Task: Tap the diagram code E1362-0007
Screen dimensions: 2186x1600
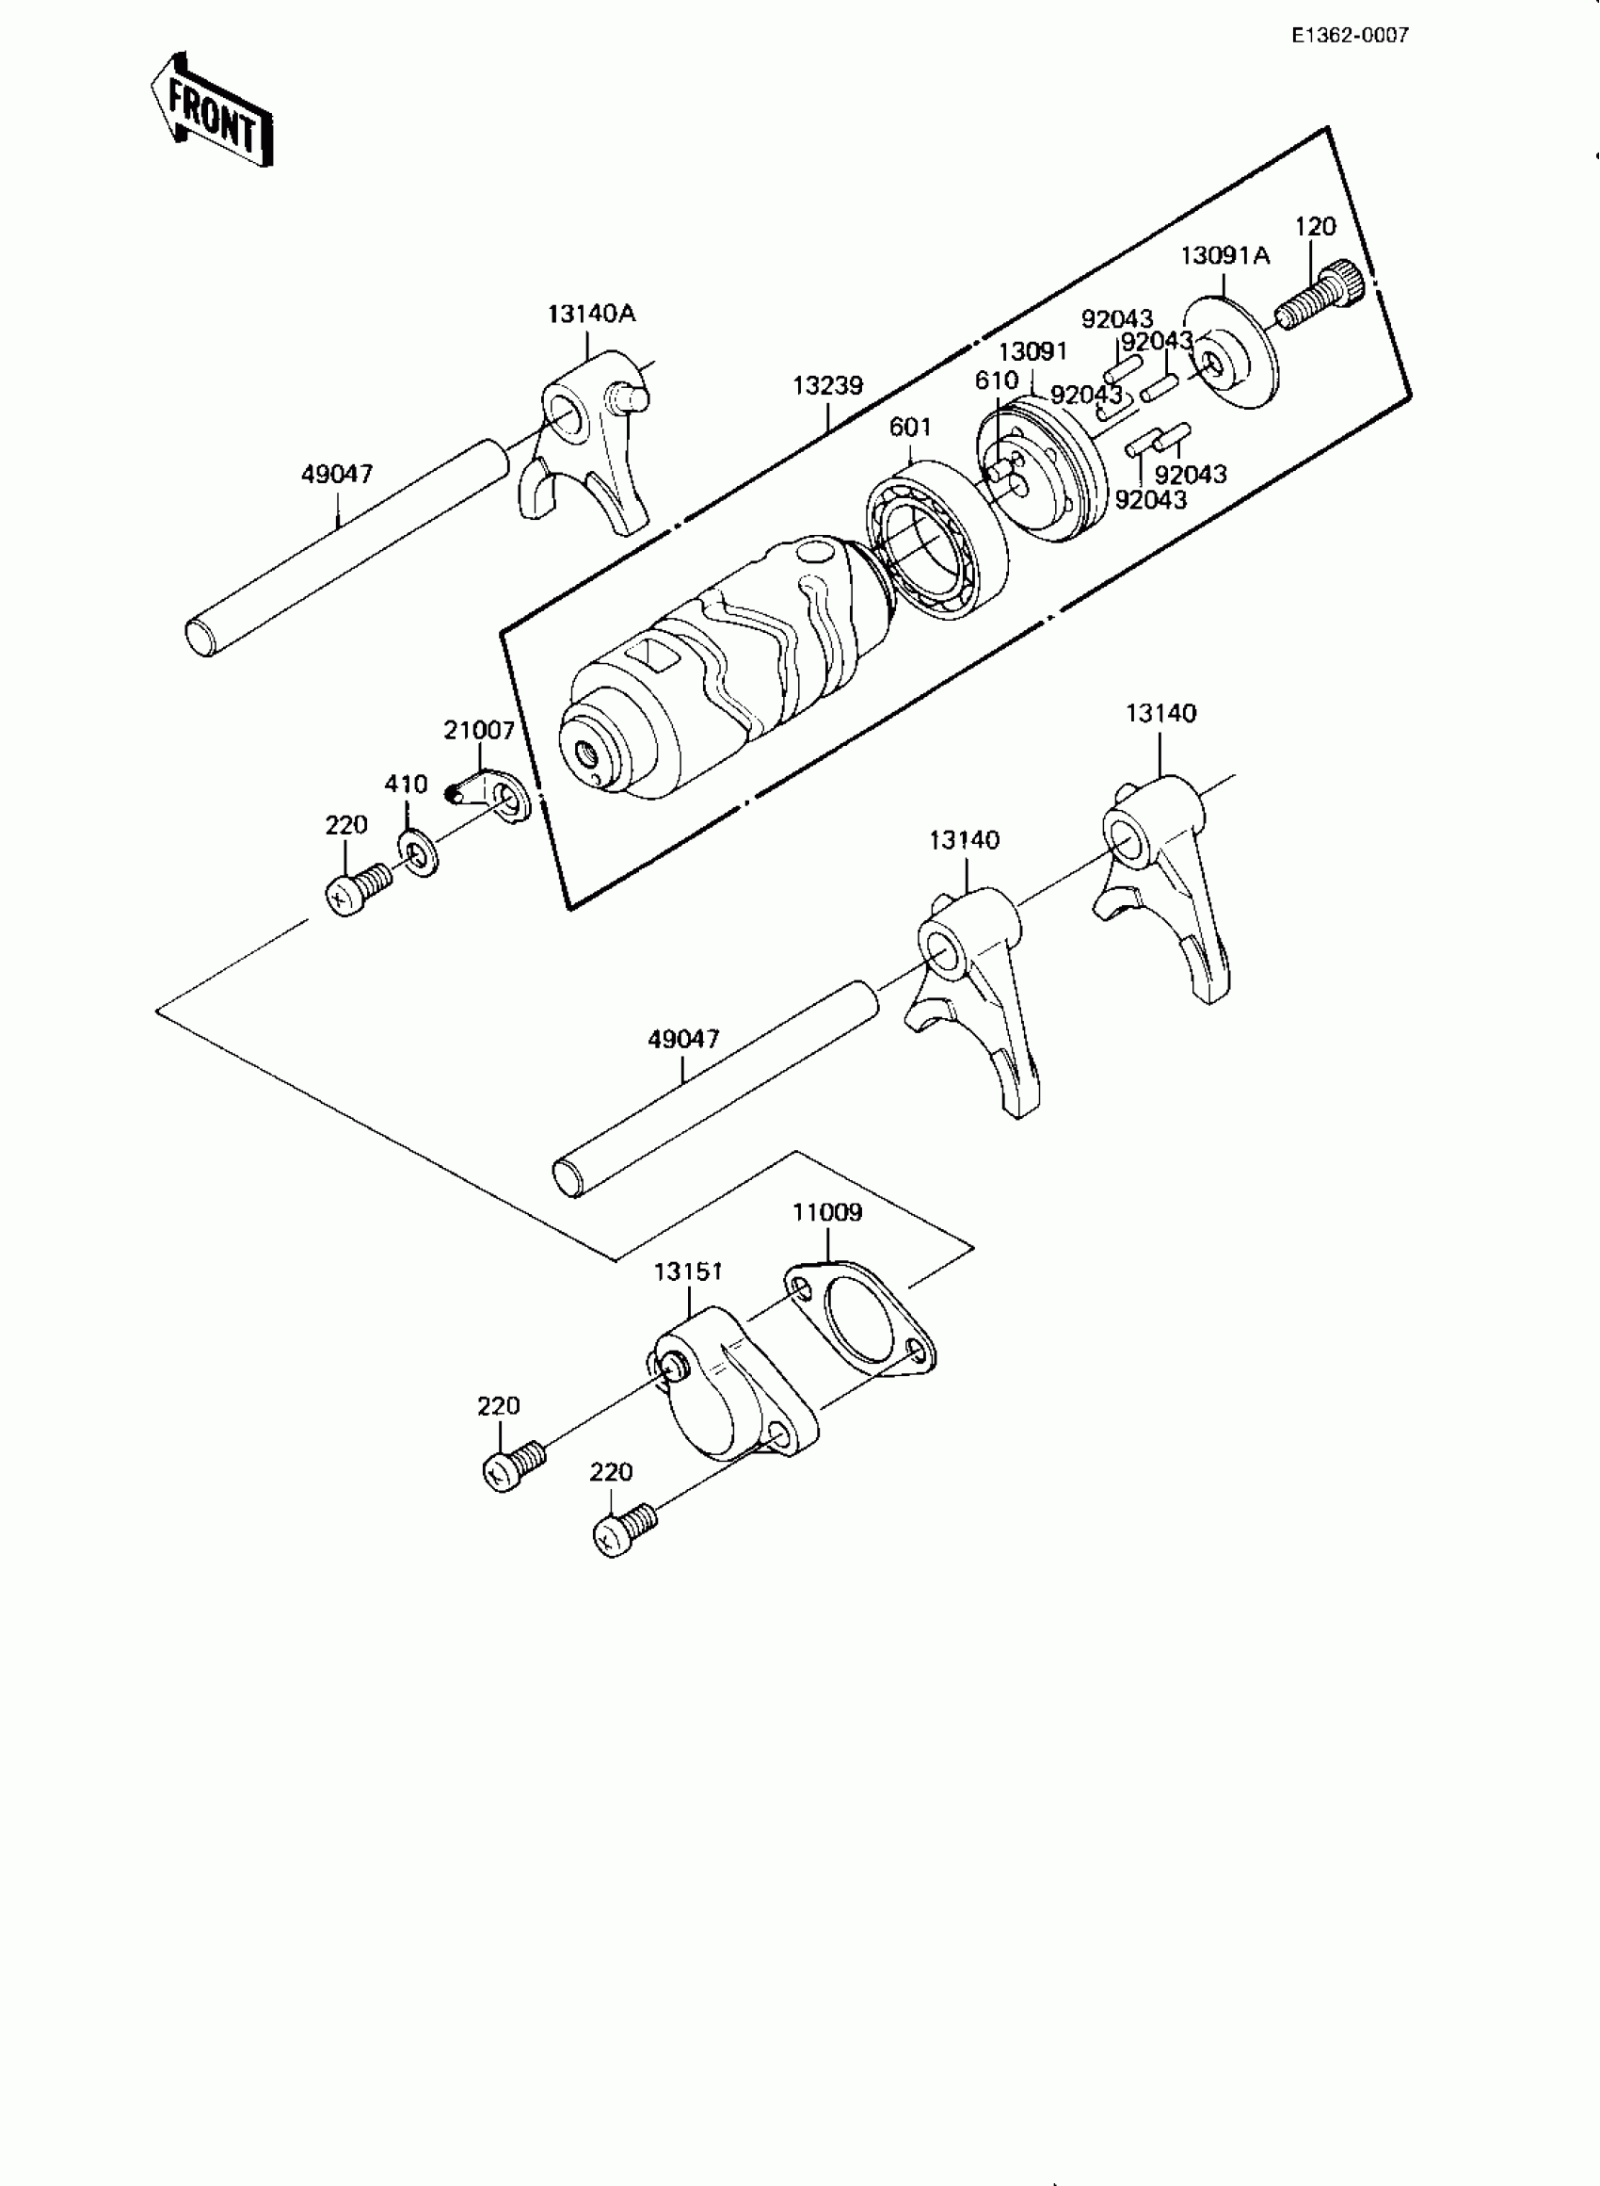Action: (x=1349, y=36)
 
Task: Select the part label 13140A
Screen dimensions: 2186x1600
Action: (x=591, y=314)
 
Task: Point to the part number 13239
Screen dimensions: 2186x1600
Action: (x=827, y=385)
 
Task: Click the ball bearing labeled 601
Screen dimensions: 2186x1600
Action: (x=936, y=539)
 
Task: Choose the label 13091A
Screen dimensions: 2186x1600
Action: (x=1224, y=256)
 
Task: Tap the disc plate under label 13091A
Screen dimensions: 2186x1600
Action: (x=1228, y=352)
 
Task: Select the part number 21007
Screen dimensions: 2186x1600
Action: (x=478, y=731)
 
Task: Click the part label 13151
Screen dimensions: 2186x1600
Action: (x=688, y=1271)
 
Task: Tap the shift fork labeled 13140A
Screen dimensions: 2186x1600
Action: (x=587, y=445)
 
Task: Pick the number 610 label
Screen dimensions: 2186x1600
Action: (x=997, y=381)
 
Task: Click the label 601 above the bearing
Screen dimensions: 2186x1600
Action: (x=909, y=428)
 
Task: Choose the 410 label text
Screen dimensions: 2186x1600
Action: (x=406, y=784)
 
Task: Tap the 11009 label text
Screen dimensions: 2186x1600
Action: (x=827, y=1212)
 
